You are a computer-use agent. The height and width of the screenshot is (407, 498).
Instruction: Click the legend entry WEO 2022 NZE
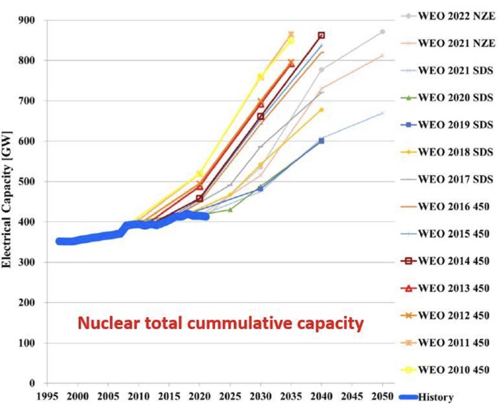(x=456, y=16)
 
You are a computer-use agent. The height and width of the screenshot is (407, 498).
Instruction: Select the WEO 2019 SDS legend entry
(x=455, y=125)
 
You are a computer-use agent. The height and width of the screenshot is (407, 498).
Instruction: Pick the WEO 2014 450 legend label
(x=453, y=261)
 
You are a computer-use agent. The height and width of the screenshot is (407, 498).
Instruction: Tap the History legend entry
(x=435, y=397)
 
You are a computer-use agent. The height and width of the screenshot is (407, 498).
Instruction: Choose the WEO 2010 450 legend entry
(x=453, y=370)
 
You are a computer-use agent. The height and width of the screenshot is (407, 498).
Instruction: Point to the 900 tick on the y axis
(x=27, y=20)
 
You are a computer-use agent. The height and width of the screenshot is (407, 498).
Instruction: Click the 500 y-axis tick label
(x=27, y=181)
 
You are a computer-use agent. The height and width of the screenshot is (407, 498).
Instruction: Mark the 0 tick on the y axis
(x=32, y=383)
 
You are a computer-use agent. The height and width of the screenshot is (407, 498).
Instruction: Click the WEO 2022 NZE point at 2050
(x=383, y=32)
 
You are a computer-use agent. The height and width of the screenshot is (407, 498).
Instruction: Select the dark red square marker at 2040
(x=321, y=35)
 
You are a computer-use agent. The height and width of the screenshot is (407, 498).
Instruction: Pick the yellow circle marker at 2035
(x=291, y=40)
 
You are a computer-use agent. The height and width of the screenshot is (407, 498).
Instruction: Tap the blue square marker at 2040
(x=321, y=141)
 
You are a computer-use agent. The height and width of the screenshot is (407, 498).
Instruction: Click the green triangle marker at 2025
(x=230, y=210)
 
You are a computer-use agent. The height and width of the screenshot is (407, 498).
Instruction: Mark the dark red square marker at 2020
(x=200, y=198)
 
